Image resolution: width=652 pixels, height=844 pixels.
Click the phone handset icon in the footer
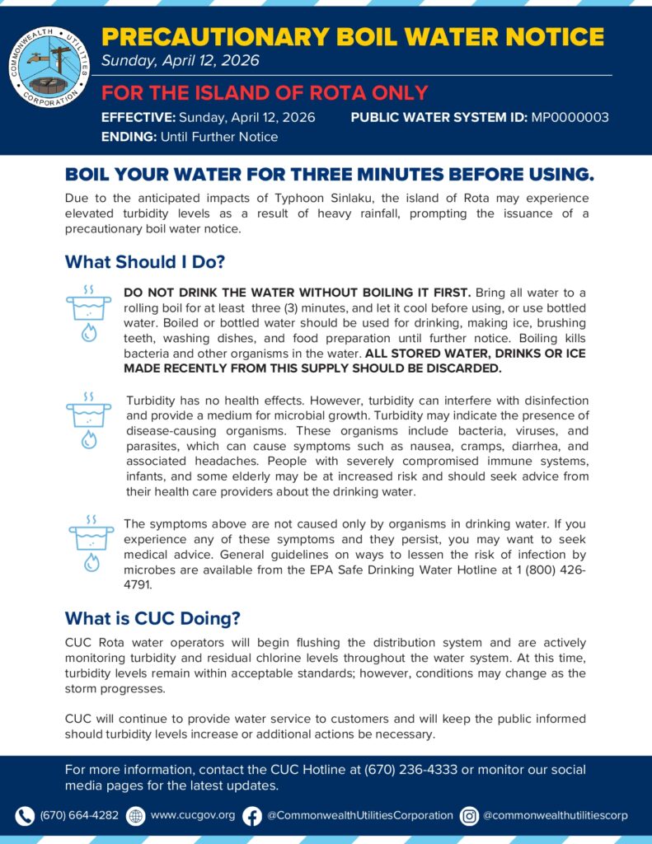[25, 815]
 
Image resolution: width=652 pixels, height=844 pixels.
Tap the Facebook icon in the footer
[252, 815]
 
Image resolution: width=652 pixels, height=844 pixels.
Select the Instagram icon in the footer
[469, 815]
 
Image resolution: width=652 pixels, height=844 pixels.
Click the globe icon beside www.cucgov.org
[136, 815]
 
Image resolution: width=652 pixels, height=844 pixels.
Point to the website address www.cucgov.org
[193, 815]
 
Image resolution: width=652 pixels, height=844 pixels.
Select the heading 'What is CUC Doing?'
[152, 618]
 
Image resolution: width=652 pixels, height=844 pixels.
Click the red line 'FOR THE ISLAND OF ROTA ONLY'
[265, 92]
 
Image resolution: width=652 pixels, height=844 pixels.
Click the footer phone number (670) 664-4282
[79, 815]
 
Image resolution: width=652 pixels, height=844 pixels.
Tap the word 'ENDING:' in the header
[128, 137]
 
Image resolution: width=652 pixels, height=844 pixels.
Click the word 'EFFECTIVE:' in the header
[136, 117]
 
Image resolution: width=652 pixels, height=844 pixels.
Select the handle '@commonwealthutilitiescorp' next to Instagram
[555, 815]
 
